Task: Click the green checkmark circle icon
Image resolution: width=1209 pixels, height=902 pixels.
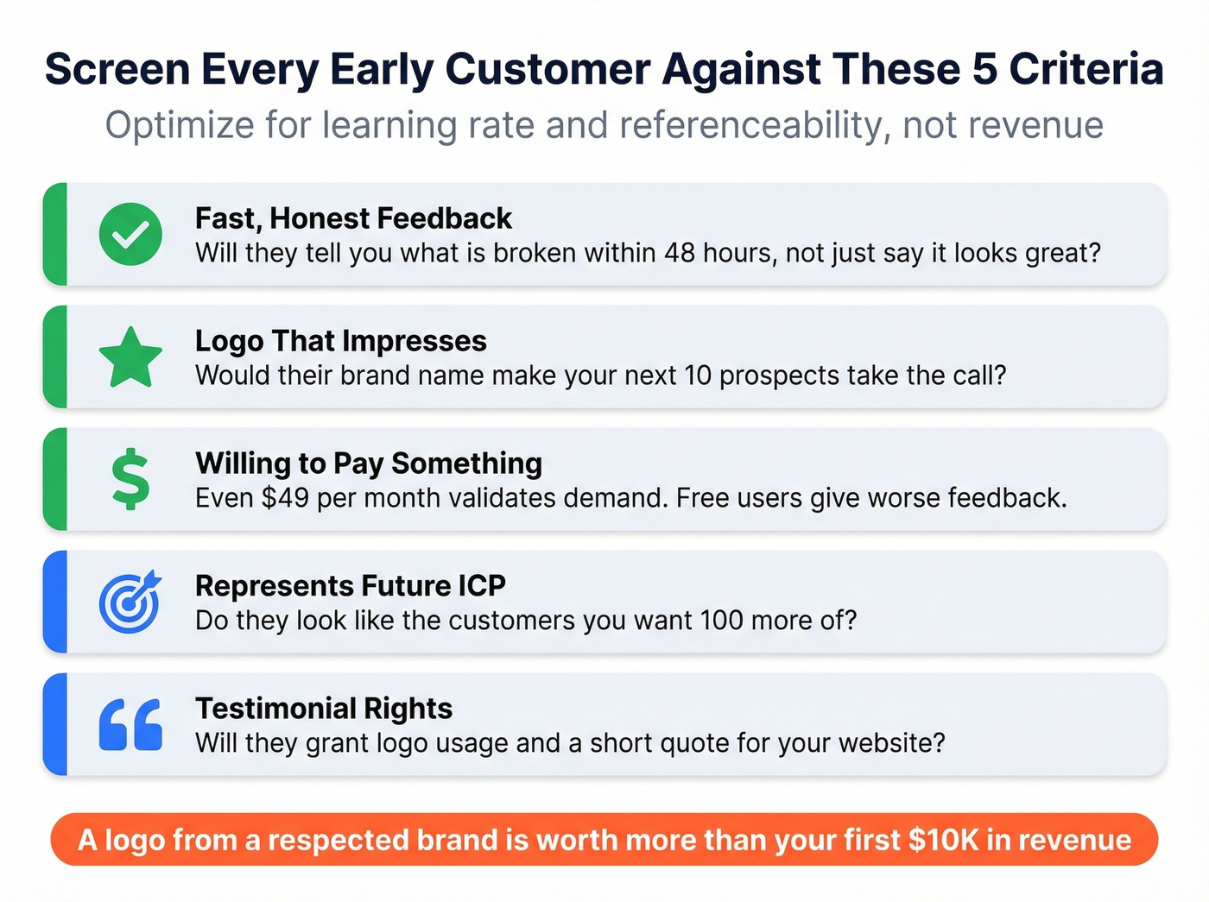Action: tap(130, 234)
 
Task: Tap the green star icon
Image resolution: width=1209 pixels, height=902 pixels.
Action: tap(130, 357)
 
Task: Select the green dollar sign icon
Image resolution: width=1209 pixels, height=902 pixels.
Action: tap(130, 479)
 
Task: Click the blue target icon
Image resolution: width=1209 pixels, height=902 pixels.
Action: tap(130, 602)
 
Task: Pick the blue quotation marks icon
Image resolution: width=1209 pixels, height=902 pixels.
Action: tap(130, 724)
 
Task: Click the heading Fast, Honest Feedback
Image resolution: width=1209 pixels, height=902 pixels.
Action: tap(353, 218)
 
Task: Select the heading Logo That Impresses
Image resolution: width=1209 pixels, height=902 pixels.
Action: tap(340, 341)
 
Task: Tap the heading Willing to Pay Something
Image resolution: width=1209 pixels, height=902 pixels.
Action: tap(369, 464)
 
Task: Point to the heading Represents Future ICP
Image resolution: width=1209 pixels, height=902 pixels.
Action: tap(350, 586)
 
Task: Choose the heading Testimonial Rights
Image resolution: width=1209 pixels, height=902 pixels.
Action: tap(324, 709)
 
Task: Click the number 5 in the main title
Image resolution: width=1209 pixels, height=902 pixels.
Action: tap(985, 69)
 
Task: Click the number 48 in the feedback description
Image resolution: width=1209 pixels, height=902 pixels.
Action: tap(680, 253)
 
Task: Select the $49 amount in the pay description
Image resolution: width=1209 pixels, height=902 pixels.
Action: tap(285, 498)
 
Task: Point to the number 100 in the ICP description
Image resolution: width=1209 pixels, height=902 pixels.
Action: tap(720, 621)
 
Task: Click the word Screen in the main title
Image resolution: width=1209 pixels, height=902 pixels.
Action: tap(117, 69)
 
